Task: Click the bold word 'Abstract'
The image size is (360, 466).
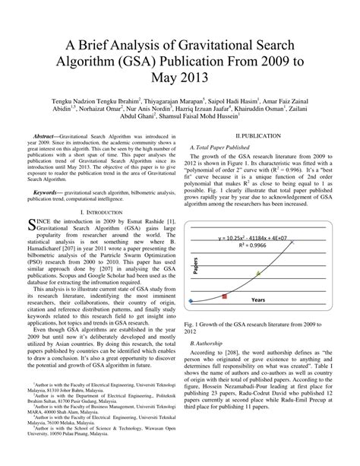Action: [x=53, y=135]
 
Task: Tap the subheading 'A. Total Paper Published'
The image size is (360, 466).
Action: [x=227, y=144]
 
